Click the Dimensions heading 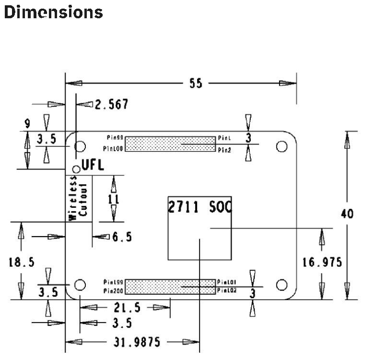(x=53, y=12)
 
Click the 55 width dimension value (x=195, y=84)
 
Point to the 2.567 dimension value (x=111, y=104)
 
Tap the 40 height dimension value (x=347, y=214)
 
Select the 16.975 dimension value (x=322, y=262)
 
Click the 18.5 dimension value (x=22, y=262)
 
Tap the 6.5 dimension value (x=122, y=237)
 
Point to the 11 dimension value (x=114, y=199)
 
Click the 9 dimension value (x=27, y=124)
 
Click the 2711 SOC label (x=199, y=207)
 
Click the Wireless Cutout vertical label (x=78, y=198)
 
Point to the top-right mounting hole (x=282, y=146)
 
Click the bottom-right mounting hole (x=282, y=284)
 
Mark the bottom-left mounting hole (x=80, y=284)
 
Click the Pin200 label (x=113, y=291)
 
